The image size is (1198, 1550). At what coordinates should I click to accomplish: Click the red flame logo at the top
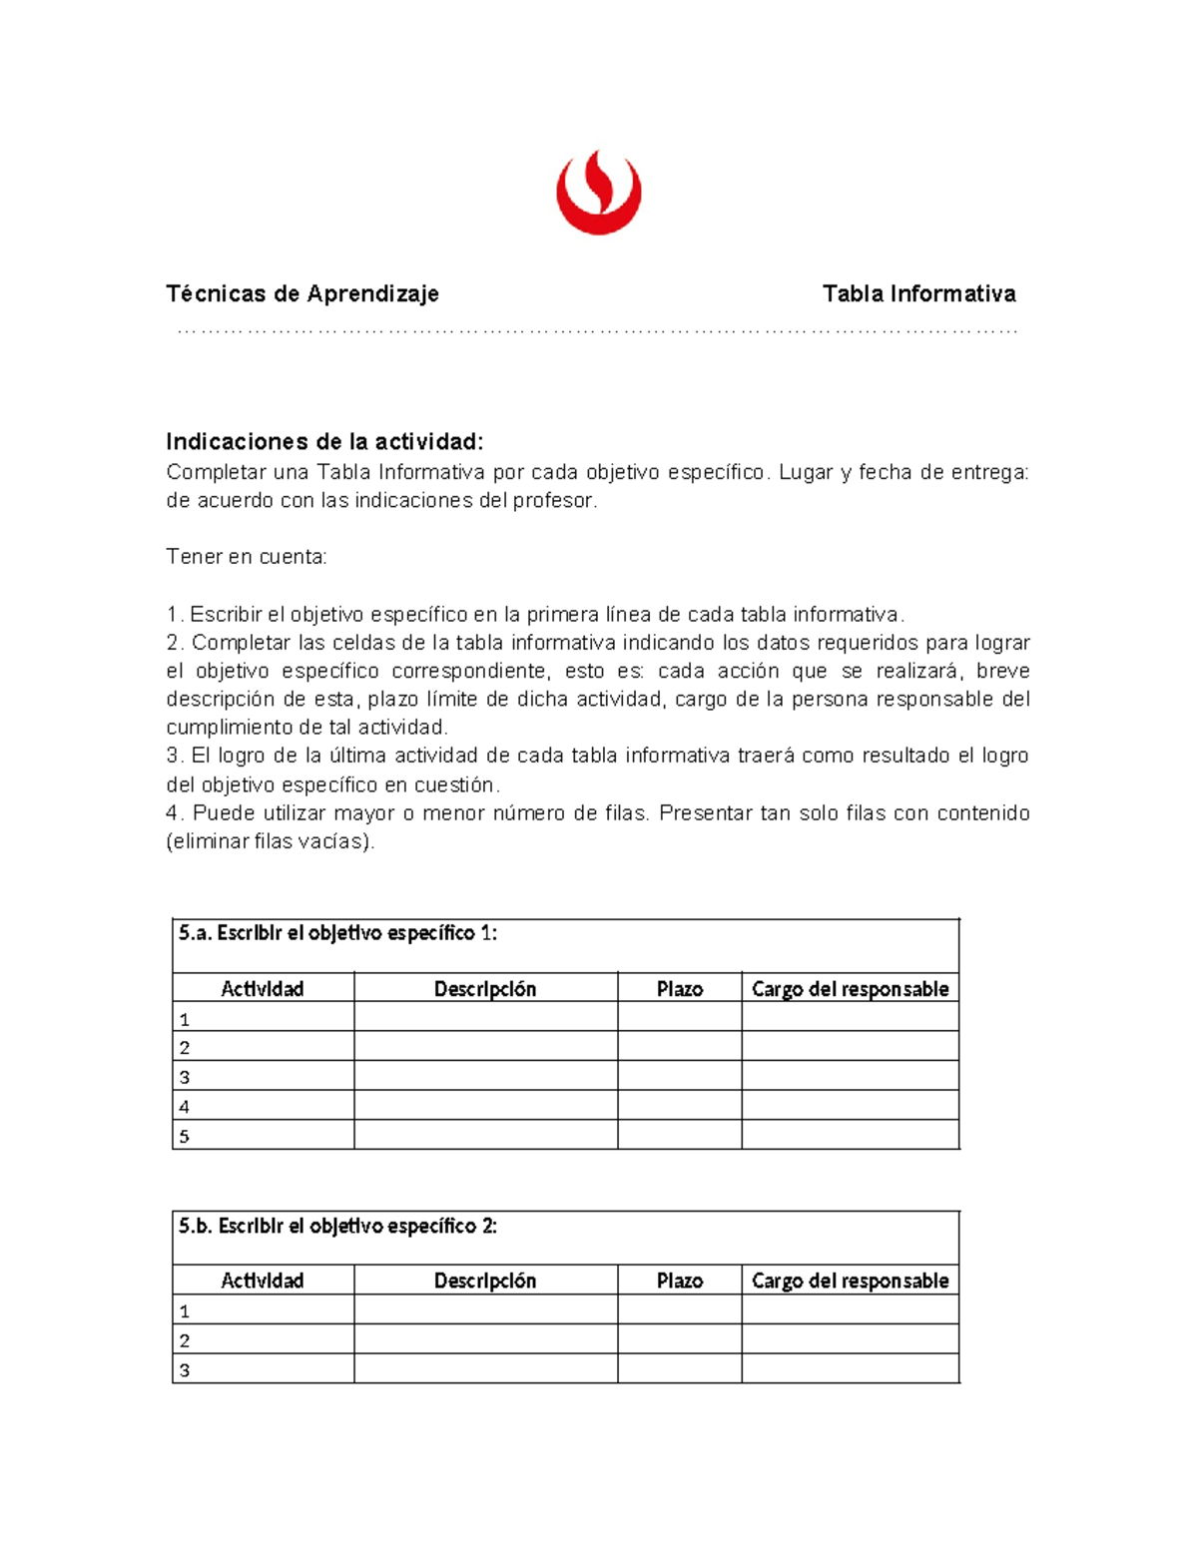pyautogui.click(x=598, y=193)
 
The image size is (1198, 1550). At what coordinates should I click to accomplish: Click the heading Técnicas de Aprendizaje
pyautogui.click(x=302, y=293)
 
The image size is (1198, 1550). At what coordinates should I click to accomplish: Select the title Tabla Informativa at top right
pyautogui.click(x=918, y=293)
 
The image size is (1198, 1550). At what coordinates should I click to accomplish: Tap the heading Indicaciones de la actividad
pyautogui.click(x=324, y=441)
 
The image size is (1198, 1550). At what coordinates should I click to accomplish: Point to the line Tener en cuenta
pyautogui.click(x=247, y=557)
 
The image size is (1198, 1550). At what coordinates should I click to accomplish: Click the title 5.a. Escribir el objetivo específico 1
pyautogui.click(x=337, y=933)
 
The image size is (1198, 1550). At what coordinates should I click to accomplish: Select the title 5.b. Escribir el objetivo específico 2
pyautogui.click(x=337, y=1226)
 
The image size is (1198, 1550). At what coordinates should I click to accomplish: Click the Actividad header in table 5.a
pyautogui.click(x=263, y=988)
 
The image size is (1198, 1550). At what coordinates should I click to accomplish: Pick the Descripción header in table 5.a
pyautogui.click(x=485, y=988)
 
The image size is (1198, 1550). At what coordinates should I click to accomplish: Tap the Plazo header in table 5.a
pyautogui.click(x=680, y=988)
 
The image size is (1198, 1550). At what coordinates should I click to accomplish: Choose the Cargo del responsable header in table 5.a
pyautogui.click(x=850, y=988)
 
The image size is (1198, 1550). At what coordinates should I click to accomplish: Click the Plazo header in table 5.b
pyautogui.click(x=680, y=1281)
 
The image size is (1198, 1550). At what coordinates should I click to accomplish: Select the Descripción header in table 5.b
pyautogui.click(x=485, y=1281)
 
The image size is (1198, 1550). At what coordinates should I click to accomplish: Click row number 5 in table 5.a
pyautogui.click(x=184, y=1136)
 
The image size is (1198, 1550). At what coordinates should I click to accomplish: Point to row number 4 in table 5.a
pyautogui.click(x=184, y=1106)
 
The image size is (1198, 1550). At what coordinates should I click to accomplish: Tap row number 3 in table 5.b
pyautogui.click(x=184, y=1370)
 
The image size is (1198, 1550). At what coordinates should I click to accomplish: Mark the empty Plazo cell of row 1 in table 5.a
pyautogui.click(x=680, y=1017)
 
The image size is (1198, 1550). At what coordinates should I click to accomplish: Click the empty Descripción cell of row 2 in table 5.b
pyautogui.click(x=485, y=1339)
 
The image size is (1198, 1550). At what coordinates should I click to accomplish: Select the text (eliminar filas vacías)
pyautogui.click(x=271, y=841)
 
